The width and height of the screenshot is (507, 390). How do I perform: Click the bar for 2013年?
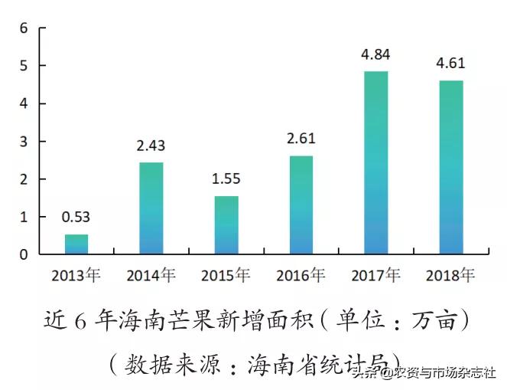tap(76, 244)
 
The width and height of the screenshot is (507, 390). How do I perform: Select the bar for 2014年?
tap(151, 208)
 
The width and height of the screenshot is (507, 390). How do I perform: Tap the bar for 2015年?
tap(226, 224)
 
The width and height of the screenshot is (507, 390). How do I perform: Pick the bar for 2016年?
tap(301, 205)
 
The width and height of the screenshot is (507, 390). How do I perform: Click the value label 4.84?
tap(376, 55)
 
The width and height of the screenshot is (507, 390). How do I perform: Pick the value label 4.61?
tap(451, 64)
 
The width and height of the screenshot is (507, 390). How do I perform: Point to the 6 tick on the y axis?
tap(23, 28)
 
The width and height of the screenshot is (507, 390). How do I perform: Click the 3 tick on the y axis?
tap(23, 142)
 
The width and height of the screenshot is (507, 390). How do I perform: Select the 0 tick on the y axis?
tap(23, 254)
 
